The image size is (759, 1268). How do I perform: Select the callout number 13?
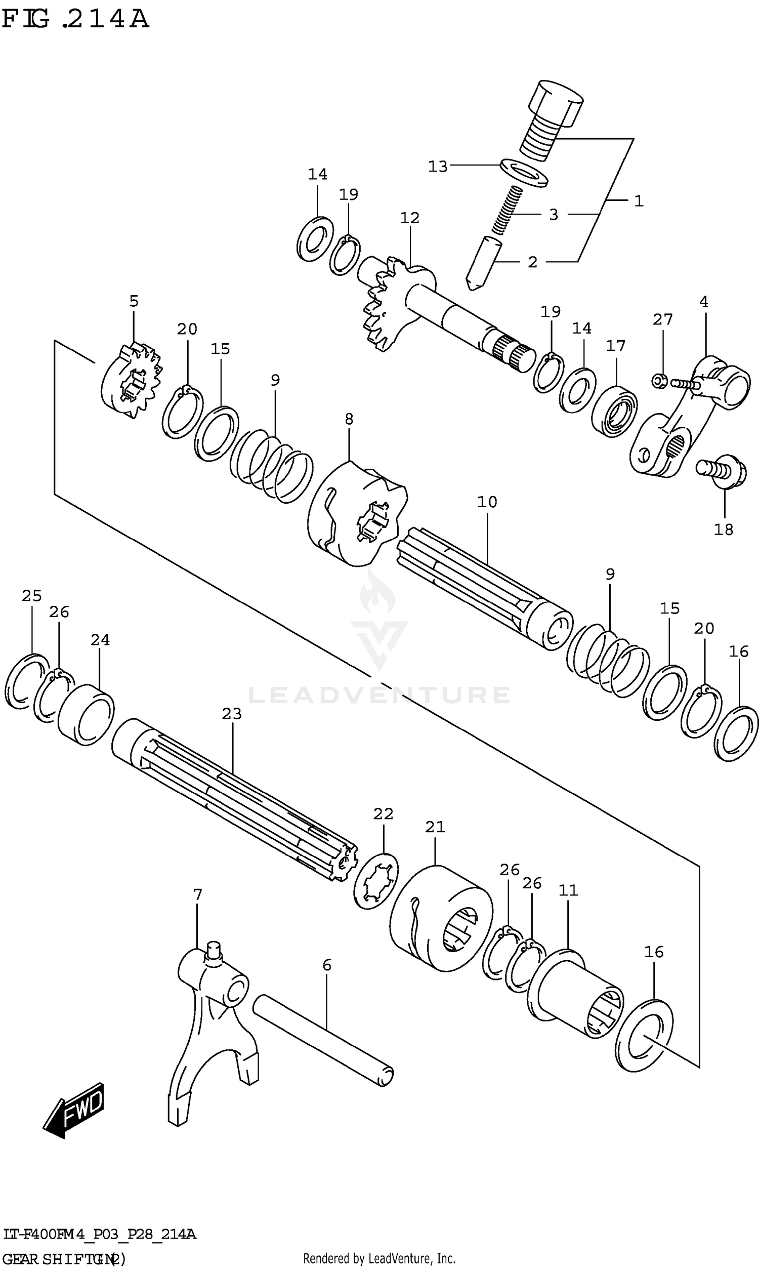pos(438,167)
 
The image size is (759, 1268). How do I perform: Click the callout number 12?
pos(410,218)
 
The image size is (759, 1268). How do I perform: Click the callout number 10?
pos(487,502)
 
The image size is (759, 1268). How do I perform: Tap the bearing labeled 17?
pos(614,412)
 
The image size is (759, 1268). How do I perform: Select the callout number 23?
pos(232,714)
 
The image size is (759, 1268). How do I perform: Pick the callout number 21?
pos(435,827)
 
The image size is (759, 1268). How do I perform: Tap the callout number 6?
pos(327,965)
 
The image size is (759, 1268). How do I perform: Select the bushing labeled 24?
pos(86,715)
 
